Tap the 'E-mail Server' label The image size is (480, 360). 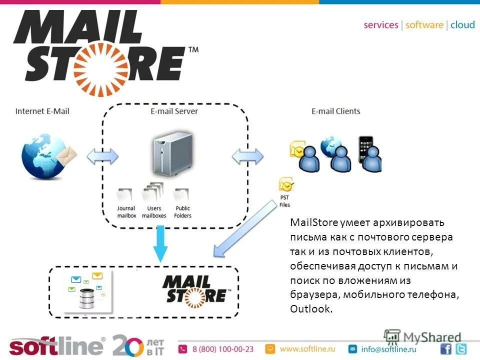click(x=174, y=111)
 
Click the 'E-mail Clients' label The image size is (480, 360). click(x=335, y=111)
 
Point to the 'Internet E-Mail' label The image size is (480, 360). click(x=42, y=111)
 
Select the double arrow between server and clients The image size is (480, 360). click(x=248, y=156)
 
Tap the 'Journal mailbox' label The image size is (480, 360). click(x=126, y=212)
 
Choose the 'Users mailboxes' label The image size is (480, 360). click(x=154, y=212)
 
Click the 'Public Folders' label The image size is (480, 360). click(x=182, y=212)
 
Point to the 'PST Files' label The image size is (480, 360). click(x=284, y=201)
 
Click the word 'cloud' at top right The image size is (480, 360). click(x=462, y=25)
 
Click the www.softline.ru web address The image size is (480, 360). click(x=307, y=348)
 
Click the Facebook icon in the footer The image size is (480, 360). click(x=446, y=349)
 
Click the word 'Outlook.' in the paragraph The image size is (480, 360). click(x=310, y=309)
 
